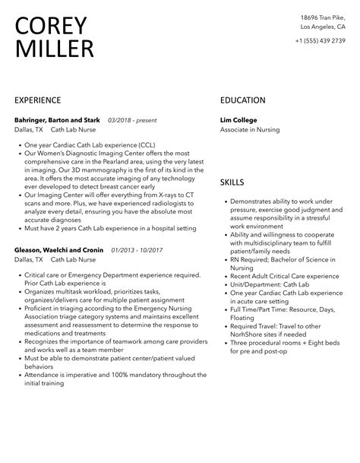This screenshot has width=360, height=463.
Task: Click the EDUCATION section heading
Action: (x=242, y=100)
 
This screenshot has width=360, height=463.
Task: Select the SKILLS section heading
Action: (x=232, y=182)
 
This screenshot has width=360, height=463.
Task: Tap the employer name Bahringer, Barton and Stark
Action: (x=58, y=119)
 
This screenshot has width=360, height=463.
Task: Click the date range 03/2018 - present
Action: (x=133, y=119)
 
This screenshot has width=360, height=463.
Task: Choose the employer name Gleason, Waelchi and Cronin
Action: (x=59, y=249)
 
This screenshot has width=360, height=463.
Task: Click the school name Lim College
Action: (x=238, y=119)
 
